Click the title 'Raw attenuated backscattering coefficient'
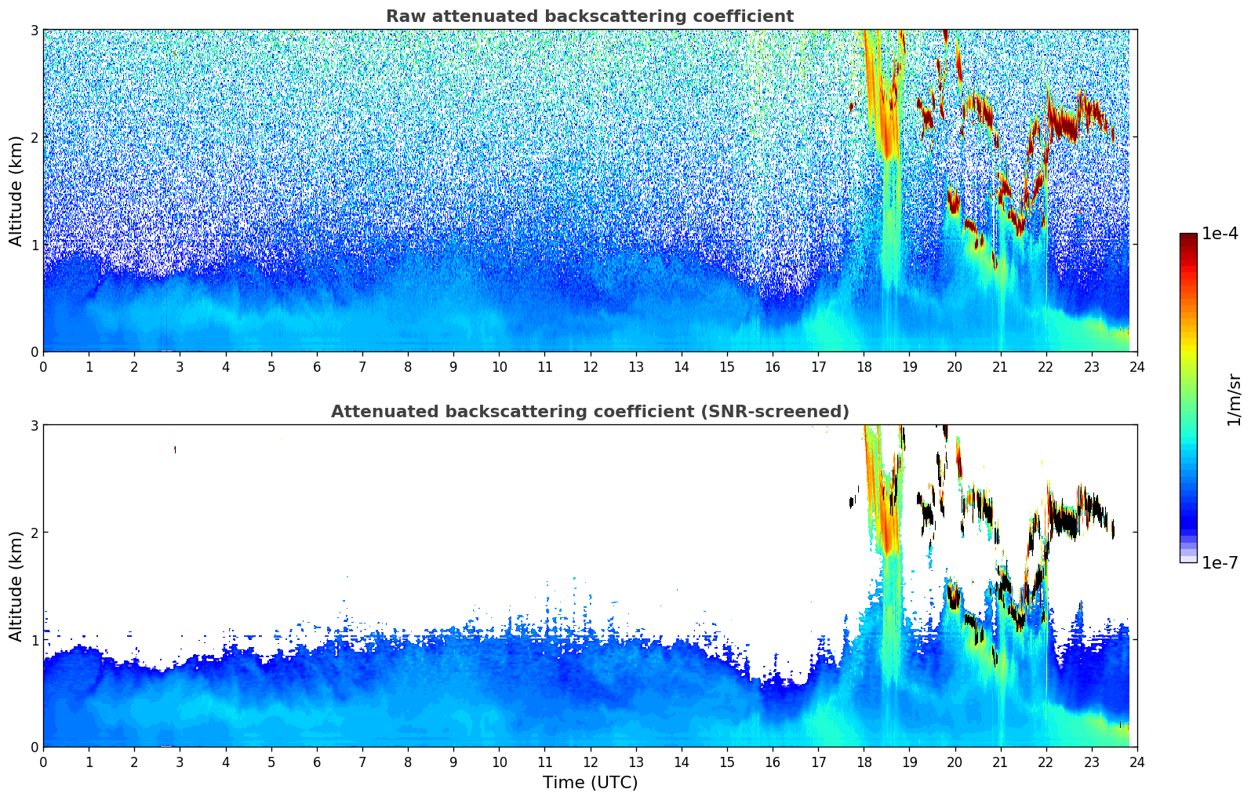[x=590, y=16]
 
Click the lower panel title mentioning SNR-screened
[x=590, y=412]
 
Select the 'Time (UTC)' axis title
[x=590, y=783]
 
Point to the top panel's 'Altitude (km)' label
[x=16, y=191]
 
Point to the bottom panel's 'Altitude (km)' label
[x=16, y=586]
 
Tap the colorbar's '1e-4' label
[x=1220, y=234]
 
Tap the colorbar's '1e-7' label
[x=1220, y=562]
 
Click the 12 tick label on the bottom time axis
[x=590, y=762]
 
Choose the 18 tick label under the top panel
[x=864, y=367]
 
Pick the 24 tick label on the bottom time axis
[x=1137, y=762]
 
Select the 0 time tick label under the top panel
[x=43, y=367]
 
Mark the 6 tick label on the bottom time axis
[x=317, y=762]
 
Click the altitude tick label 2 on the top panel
[x=34, y=137]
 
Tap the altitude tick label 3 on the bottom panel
[x=34, y=425]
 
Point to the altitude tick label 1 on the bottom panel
[x=34, y=640]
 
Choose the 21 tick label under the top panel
[x=1000, y=367]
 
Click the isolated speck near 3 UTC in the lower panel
[x=175, y=449]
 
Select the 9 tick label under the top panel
[x=453, y=367]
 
